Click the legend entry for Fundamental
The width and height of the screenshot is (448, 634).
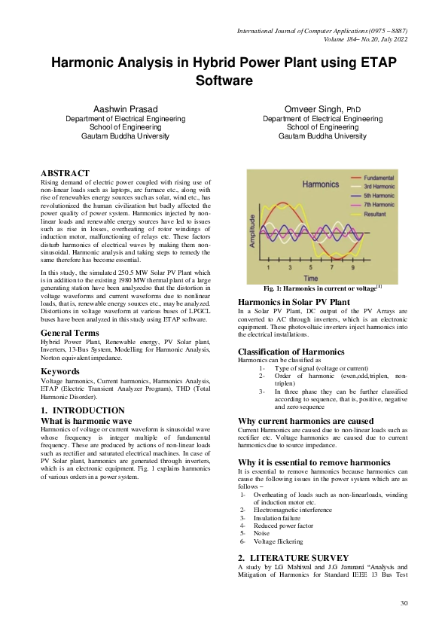[x=378, y=178]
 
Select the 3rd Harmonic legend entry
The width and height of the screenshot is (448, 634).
[x=379, y=186]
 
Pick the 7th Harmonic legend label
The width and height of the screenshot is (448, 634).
[x=379, y=204]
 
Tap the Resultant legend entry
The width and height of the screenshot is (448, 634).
[x=376, y=213]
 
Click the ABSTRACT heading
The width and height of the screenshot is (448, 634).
[x=65, y=173]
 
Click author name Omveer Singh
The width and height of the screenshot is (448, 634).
[x=315, y=110]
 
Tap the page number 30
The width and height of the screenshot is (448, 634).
[x=404, y=604]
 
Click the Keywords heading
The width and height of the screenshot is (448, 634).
[x=59, y=371]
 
